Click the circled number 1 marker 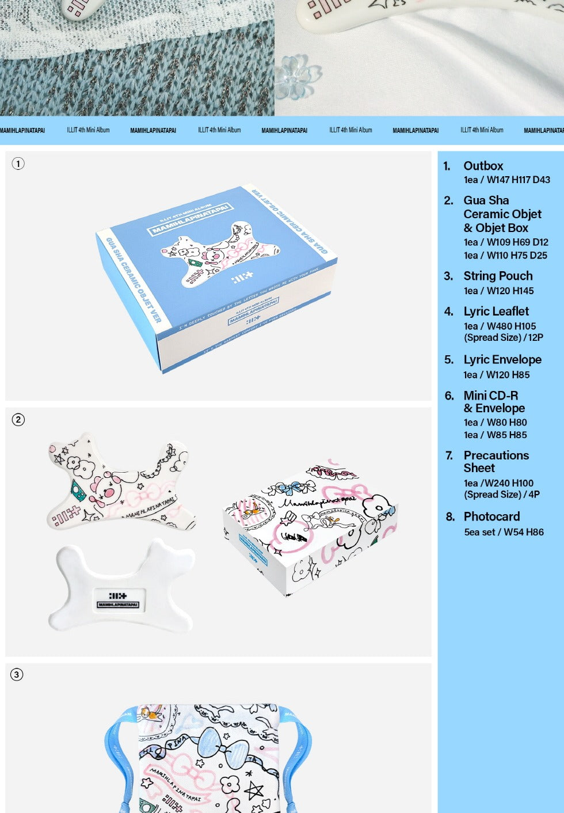click(18, 164)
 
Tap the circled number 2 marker click(18, 420)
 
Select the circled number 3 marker click(17, 674)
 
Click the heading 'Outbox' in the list click(483, 166)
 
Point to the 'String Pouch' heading click(498, 276)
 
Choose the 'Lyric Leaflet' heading click(496, 311)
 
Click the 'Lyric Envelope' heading click(502, 360)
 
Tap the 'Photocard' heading click(491, 516)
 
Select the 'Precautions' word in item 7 click(496, 455)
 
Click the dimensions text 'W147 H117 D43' click(518, 180)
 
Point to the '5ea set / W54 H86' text click(504, 532)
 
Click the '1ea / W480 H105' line click(500, 326)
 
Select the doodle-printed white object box click(311, 527)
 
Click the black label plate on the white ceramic click(118, 600)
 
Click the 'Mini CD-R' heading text click(490, 396)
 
